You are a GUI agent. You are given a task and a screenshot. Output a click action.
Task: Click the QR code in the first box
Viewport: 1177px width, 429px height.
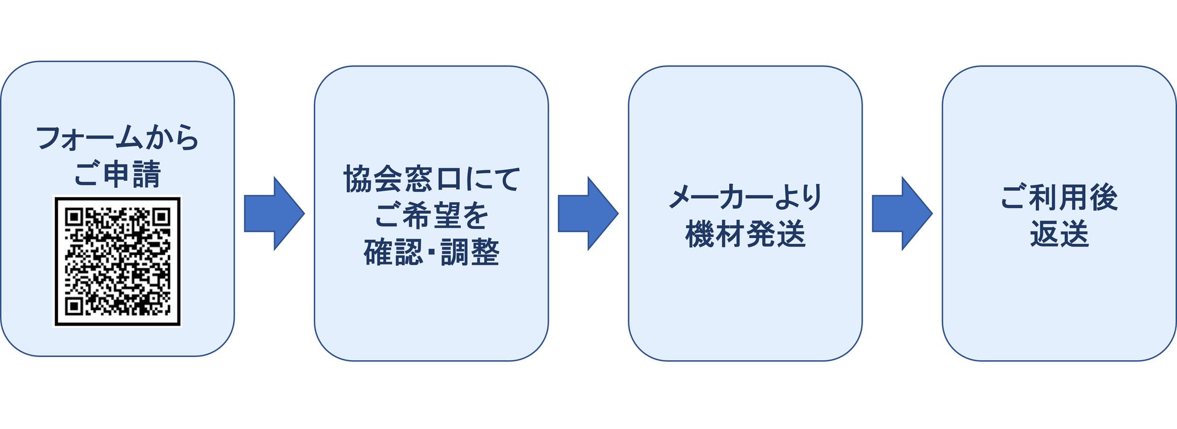[x=118, y=261]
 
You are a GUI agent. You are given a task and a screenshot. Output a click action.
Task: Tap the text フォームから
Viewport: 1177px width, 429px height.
[x=118, y=138]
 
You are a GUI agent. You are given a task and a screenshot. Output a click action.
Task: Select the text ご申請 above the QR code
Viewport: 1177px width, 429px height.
[x=118, y=174]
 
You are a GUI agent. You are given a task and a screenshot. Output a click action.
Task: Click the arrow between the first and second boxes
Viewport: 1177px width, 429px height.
[x=274, y=213]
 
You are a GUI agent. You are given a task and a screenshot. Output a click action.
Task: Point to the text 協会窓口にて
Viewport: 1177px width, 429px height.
[x=431, y=179]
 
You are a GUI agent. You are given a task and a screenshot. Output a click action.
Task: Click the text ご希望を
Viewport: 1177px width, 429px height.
[x=431, y=215]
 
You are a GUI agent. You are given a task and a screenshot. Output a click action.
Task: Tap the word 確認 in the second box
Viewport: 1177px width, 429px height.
[x=393, y=252]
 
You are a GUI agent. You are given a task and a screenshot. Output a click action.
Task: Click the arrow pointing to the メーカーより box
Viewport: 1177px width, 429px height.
[x=588, y=213]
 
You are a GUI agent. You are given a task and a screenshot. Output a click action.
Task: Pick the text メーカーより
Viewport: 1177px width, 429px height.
[x=745, y=197]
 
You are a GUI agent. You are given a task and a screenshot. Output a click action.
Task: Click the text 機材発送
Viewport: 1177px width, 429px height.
[x=745, y=234]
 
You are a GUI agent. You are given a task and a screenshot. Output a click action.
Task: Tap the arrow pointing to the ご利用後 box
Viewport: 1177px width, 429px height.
[x=902, y=213]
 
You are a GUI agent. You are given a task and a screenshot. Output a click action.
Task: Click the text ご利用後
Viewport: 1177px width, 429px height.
[x=1059, y=197]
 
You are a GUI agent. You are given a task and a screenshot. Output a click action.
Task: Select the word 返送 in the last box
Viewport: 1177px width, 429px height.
[x=1059, y=234]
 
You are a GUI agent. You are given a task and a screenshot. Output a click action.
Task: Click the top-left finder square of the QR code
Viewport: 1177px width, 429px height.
[x=74, y=217]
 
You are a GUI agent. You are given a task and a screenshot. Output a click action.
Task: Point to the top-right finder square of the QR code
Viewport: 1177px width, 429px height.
[x=161, y=217]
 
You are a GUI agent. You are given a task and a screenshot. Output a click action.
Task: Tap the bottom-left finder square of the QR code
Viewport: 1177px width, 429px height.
[x=74, y=306]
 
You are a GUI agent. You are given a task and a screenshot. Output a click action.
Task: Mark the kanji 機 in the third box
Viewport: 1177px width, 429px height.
[x=700, y=234]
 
